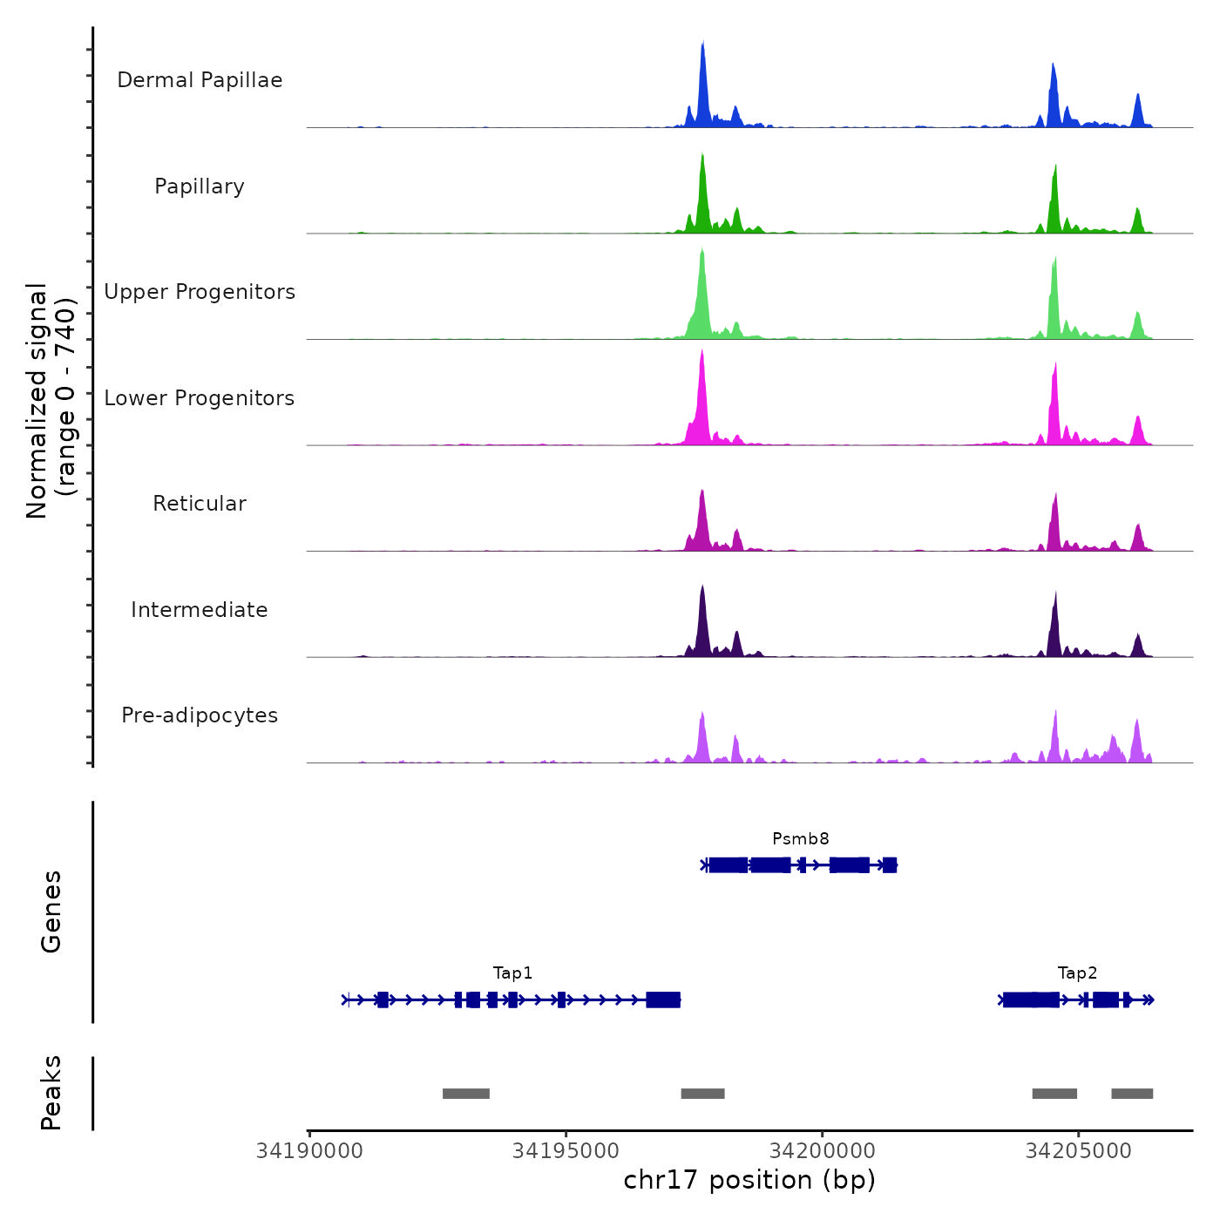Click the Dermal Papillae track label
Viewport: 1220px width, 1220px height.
click(200, 80)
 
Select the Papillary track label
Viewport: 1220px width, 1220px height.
click(200, 186)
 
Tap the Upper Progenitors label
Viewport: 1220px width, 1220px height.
click(200, 292)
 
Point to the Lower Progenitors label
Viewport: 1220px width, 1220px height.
click(200, 398)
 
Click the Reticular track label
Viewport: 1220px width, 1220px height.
click(200, 504)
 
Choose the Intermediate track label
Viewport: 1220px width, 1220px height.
click(200, 610)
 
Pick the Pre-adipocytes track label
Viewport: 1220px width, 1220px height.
click(200, 715)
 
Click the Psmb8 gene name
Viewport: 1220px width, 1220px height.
click(800, 839)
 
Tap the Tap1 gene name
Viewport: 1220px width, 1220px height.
click(512, 973)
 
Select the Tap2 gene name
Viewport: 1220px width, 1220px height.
click(1077, 973)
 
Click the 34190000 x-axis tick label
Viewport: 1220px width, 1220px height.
click(309, 1151)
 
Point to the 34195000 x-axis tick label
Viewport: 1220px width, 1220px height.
click(566, 1151)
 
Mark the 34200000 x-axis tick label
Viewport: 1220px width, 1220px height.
click(823, 1151)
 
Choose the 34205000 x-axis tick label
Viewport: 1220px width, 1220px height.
click(1079, 1151)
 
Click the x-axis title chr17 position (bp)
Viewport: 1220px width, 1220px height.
click(749, 1180)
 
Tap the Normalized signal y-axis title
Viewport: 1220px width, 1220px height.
click(51, 400)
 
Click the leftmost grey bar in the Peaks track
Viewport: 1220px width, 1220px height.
click(466, 1094)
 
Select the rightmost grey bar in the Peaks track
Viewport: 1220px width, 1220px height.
click(1132, 1094)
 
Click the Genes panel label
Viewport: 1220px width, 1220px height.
click(51, 912)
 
